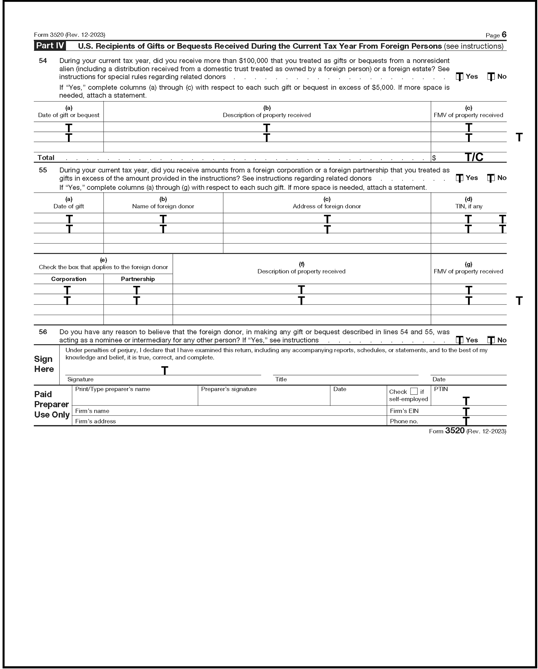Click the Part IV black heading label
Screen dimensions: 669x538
click(50, 46)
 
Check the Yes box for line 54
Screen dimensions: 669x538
click(459, 77)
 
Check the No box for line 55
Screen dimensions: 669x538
click(491, 178)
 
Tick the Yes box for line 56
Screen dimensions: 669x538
click(459, 340)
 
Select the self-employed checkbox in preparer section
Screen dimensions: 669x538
click(414, 391)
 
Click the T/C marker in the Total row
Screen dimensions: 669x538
click(474, 157)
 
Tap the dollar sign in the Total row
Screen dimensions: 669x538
click(434, 158)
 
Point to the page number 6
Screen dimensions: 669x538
click(504, 34)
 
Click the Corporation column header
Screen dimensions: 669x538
click(69, 279)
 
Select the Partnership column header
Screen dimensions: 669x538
click(138, 279)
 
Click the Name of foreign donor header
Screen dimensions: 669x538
click(163, 206)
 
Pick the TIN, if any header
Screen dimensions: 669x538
click(468, 206)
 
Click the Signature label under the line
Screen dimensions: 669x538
click(80, 379)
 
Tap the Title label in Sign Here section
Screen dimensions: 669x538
click(281, 379)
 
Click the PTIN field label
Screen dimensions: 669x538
click(441, 389)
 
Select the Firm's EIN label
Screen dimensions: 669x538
click(404, 411)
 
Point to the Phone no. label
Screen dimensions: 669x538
click(404, 421)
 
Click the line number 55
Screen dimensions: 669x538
click(43, 170)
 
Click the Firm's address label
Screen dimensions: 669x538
click(95, 421)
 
